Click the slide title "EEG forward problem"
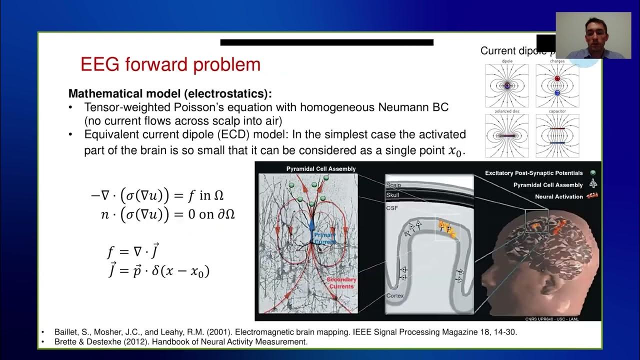[170, 64]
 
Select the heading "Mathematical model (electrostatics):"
[170, 93]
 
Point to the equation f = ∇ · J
[133, 251]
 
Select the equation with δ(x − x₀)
[158, 271]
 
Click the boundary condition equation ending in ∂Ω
[167, 214]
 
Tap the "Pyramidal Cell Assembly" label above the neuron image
[321, 169]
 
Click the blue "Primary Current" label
[324, 238]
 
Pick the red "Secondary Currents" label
[341, 283]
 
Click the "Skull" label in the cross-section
[392, 195]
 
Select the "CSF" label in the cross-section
[391, 208]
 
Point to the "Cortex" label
[394, 296]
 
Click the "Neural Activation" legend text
[558, 197]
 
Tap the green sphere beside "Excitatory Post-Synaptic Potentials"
[593, 173]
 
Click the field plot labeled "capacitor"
[557, 135]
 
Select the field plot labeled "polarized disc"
[506, 135]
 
